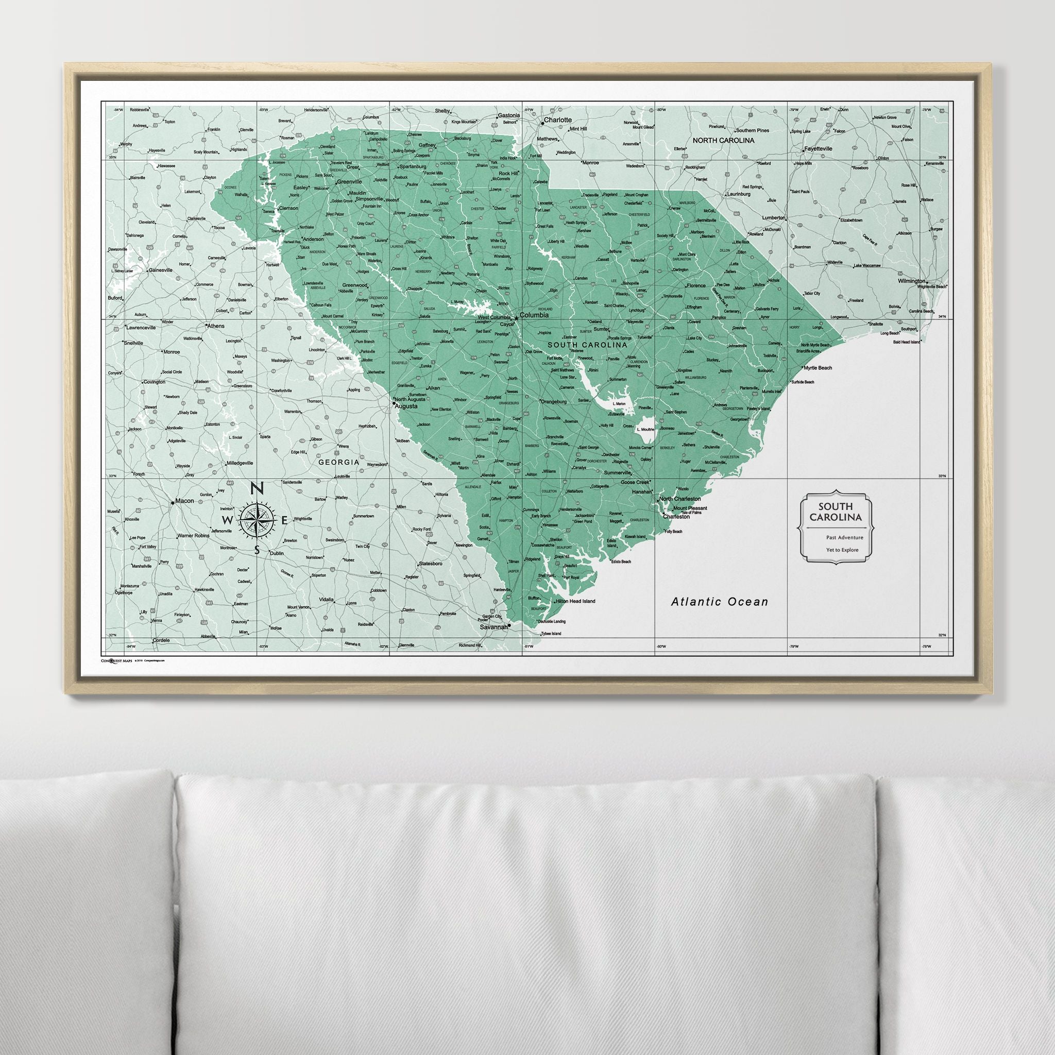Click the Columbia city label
[534, 315]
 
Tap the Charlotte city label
[557, 120]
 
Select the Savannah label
[493, 627]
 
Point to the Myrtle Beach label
[818, 368]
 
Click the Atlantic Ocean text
[719, 602]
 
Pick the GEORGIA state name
[338, 462]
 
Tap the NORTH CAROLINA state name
[724, 140]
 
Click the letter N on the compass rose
[255, 489]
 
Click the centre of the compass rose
[256, 519]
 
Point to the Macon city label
[184, 501]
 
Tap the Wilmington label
[911, 281]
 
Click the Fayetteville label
[818, 148]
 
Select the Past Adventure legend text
[837, 538]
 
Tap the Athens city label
[215, 326]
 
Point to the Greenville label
[349, 181]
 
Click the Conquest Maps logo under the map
[116, 660]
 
